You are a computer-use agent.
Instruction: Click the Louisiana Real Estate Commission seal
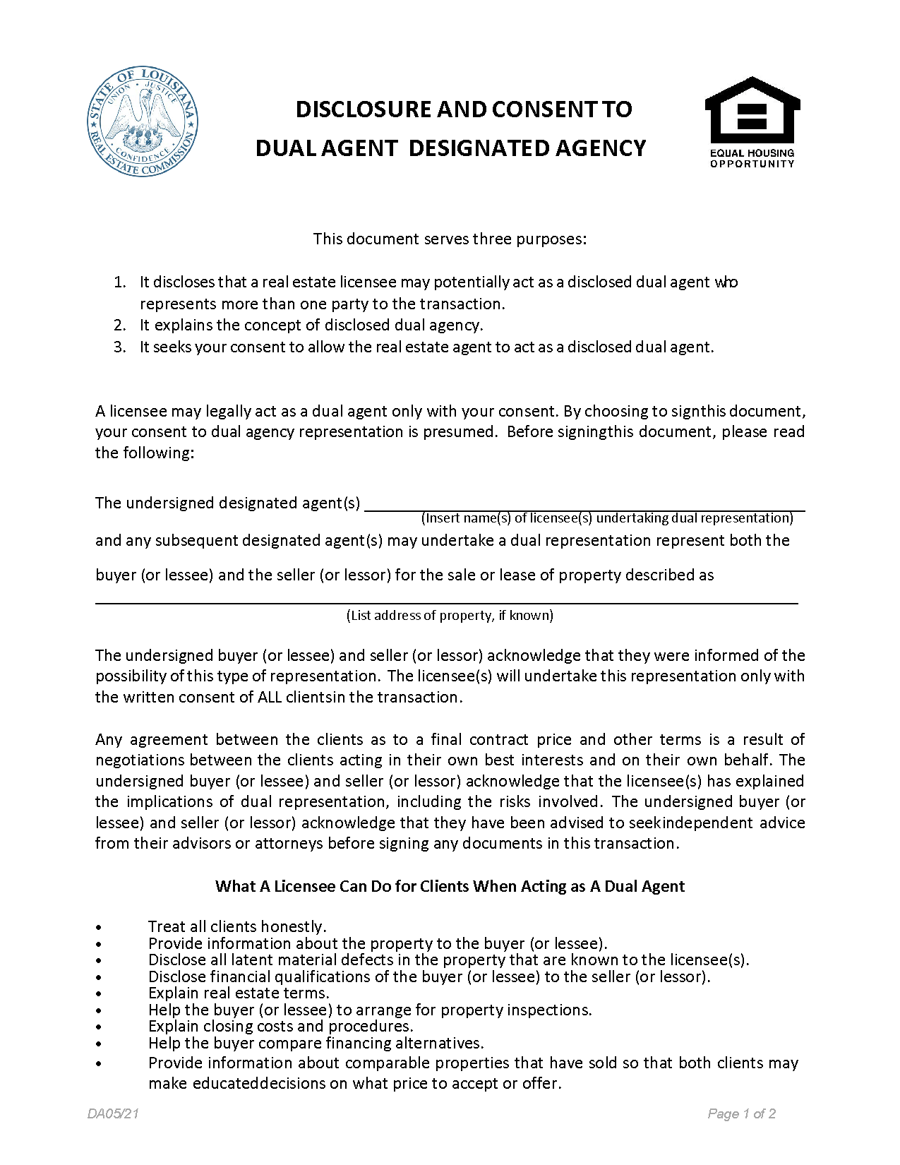[143, 122]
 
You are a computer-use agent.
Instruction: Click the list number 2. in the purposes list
[120, 325]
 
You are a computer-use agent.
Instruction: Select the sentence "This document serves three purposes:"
[450, 239]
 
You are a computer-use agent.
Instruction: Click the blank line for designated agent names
[584, 507]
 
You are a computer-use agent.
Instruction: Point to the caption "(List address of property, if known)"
[450, 615]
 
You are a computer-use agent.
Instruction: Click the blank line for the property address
[446, 602]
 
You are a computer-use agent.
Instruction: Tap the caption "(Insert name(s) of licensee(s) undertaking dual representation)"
[607, 518]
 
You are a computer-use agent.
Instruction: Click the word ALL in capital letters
[269, 697]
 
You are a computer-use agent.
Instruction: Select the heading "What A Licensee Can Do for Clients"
[450, 886]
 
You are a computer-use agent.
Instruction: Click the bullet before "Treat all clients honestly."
[100, 927]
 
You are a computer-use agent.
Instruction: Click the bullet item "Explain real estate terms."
[239, 993]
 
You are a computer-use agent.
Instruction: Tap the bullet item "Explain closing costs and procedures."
[280, 1027]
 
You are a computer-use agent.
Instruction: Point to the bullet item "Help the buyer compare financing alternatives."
[316, 1043]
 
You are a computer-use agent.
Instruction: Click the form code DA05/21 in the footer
[113, 1114]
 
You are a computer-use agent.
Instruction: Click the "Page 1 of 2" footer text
[741, 1114]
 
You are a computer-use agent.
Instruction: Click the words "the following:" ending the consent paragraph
[145, 453]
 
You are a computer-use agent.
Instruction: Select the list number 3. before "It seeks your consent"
[120, 347]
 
